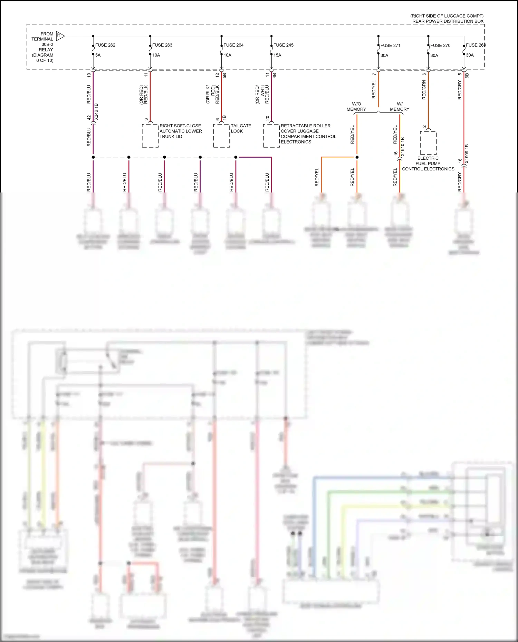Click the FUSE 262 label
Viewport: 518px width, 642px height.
(x=105, y=45)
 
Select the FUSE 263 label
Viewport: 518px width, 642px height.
(x=162, y=45)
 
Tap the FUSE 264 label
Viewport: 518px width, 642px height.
(x=233, y=45)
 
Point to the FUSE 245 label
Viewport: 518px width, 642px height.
(x=283, y=45)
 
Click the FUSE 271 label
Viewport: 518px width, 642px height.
(x=390, y=46)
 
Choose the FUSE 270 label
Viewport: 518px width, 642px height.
(x=440, y=46)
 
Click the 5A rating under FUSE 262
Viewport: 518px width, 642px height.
(x=98, y=55)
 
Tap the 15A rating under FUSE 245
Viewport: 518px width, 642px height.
(x=277, y=55)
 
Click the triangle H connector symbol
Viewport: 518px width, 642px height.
(x=60, y=36)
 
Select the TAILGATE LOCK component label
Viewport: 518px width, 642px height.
(x=241, y=128)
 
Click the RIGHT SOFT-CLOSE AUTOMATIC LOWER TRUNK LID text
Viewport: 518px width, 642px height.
(x=180, y=131)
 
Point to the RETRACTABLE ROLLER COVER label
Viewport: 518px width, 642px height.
(x=305, y=128)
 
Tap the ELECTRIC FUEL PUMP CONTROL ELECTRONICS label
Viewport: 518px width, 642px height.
(x=428, y=164)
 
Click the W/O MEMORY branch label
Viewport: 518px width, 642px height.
(x=356, y=107)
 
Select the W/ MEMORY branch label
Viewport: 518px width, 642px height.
(x=400, y=107)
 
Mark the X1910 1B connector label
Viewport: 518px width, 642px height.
(x=403, y=147)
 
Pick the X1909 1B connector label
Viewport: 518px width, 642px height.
(x=467, y=154)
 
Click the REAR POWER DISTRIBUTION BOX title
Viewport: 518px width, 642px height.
(x=448, y=21)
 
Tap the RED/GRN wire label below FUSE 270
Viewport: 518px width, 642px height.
(x=424, y=90)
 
